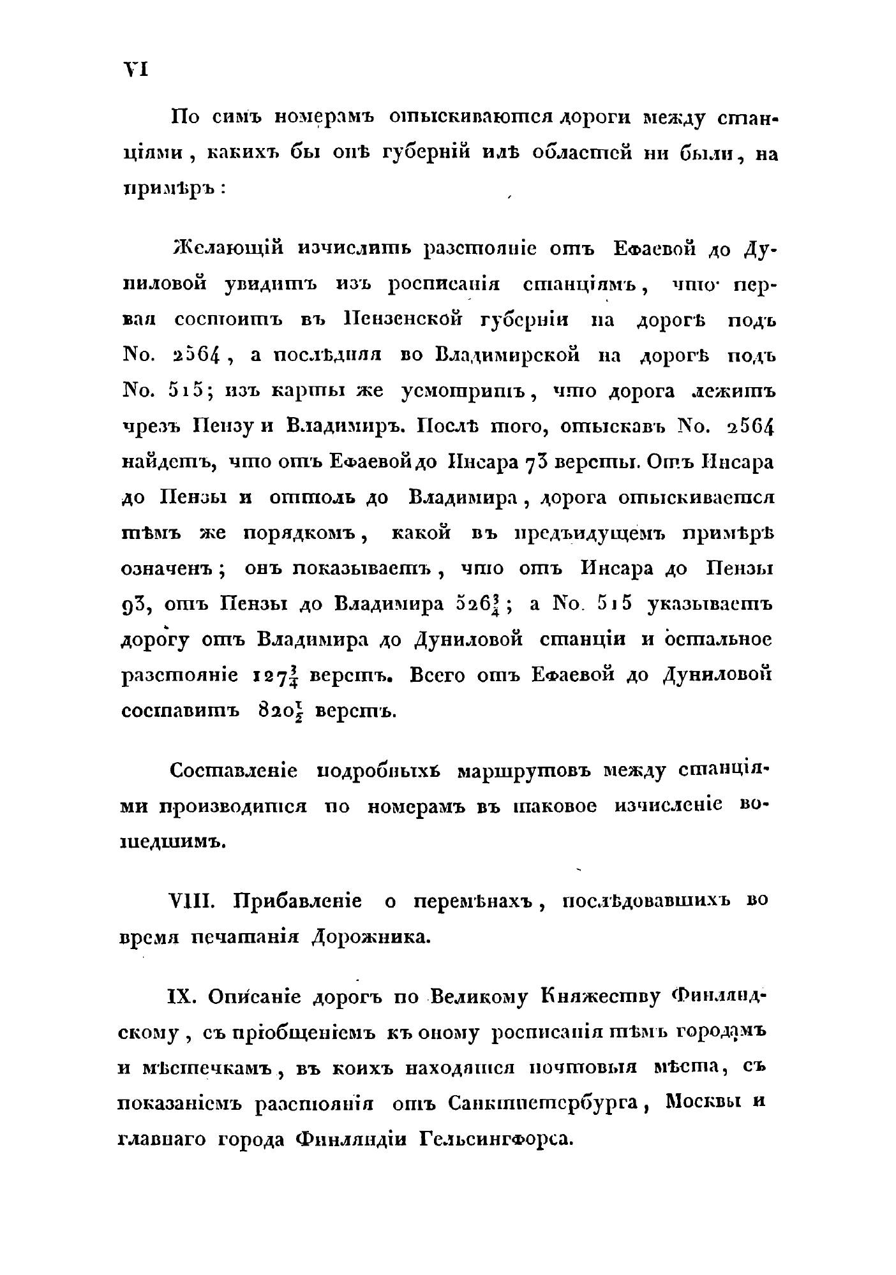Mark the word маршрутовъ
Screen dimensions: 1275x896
(525, 771)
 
